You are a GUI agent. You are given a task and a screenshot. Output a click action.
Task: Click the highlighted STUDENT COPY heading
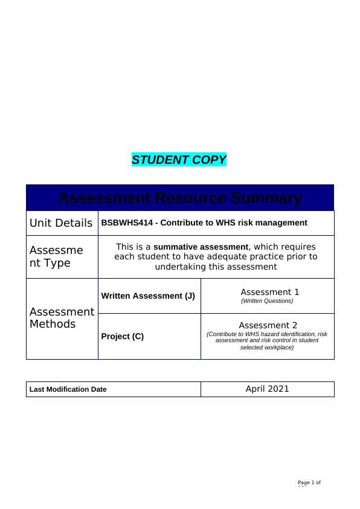point(179,160)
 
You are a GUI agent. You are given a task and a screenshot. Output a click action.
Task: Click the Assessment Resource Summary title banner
point(180,198)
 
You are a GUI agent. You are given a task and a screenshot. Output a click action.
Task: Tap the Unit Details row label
point(61,223)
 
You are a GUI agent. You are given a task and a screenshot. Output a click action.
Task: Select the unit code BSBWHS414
point(123,223)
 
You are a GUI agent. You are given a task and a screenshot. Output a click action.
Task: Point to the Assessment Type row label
point(56,257)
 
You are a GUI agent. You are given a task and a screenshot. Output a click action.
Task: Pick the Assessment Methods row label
point(62,318)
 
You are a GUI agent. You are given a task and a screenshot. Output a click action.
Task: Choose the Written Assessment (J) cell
point(148,296)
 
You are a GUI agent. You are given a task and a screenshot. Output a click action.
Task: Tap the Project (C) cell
point(123,337)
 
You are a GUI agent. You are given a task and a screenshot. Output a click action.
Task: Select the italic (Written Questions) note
point(267,301)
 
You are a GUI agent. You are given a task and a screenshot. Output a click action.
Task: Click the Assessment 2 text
point(268,325)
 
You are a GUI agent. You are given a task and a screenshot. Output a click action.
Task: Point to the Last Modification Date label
point(68,389)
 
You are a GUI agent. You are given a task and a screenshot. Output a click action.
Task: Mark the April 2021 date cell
point(267,389)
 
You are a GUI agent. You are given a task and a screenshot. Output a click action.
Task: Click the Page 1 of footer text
point(309,482)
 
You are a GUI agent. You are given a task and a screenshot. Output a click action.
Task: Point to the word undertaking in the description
point(181,267)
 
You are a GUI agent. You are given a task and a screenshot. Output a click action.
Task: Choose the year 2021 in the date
point(278,389)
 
